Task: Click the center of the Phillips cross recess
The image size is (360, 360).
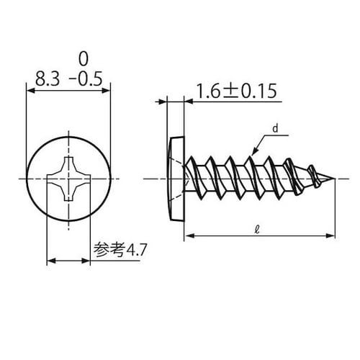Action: pos(68,178)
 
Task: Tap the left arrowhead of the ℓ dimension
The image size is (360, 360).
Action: pos(189,235)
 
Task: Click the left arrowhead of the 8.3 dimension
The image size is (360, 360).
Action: pos(30,90)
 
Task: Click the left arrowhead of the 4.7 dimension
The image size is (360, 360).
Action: pos(50,261)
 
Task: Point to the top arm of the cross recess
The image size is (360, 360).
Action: pos(68,161)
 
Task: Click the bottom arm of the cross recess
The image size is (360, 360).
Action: pos(68,194)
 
